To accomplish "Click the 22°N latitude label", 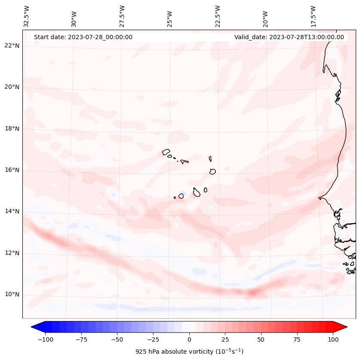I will [12, 46].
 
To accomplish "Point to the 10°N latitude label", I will [12, 295].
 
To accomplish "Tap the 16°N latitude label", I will [12, 170].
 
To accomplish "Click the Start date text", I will [83, 37].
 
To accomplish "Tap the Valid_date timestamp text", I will [289, 37].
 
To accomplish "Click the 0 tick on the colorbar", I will [189, 339].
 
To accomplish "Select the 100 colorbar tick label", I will [333, 339].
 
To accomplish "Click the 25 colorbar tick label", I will [225, 339].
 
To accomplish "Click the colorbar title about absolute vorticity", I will [189, 352].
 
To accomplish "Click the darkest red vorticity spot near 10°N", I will [252, 293].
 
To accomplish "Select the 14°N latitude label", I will [12, 211].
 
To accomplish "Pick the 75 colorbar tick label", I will [297, 339].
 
